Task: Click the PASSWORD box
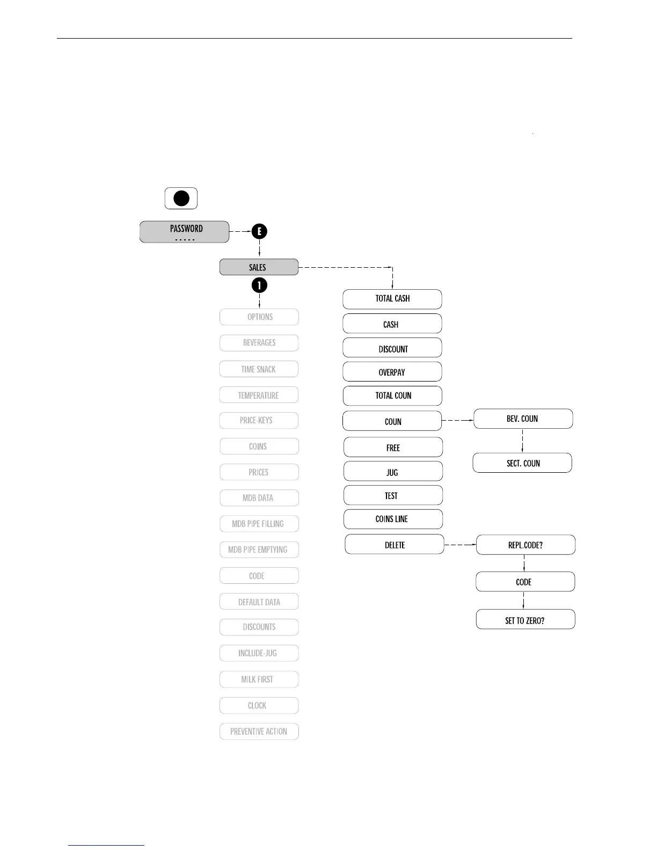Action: (184, 232)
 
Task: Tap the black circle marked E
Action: (259, 231)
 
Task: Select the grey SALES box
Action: (259, 267)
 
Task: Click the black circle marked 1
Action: (259, 285)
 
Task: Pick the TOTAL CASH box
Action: (392, 299)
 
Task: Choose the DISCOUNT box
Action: (392, 348)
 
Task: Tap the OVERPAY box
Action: (392, 371)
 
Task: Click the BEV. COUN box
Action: (523, 419)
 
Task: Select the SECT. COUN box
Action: (522, 463)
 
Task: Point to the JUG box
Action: (393, 471)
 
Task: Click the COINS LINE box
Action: (393, 519)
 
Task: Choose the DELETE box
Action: (395, 544)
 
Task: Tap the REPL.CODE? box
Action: (525, 545)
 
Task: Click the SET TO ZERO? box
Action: (525, 619)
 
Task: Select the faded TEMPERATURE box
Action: (259, 395)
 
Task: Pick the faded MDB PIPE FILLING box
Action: (259, 524)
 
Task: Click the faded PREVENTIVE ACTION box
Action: (259, 731)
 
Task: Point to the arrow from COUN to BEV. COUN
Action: (458, 420)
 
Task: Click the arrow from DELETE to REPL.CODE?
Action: (460, 545)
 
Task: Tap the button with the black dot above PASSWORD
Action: (181, 198)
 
